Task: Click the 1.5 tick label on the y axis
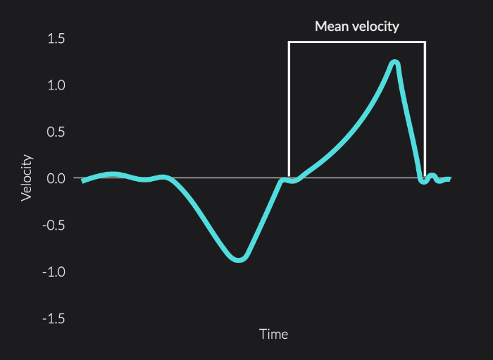56,39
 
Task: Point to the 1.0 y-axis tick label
56,85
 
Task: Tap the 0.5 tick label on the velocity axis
56,132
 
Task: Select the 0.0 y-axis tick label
56,178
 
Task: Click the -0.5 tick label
54,225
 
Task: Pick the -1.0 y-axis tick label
54,272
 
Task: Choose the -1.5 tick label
54,319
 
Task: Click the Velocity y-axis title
27,178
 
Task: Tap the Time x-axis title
273,334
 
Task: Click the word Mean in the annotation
332,26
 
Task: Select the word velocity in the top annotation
375,27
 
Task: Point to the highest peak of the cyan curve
395,62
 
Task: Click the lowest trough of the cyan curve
239,260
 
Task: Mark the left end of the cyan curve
82,182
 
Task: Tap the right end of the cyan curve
450,179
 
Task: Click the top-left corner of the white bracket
289,42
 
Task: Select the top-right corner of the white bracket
425,42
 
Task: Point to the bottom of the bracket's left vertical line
289,178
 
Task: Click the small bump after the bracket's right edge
432,175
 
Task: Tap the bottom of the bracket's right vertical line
425,177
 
